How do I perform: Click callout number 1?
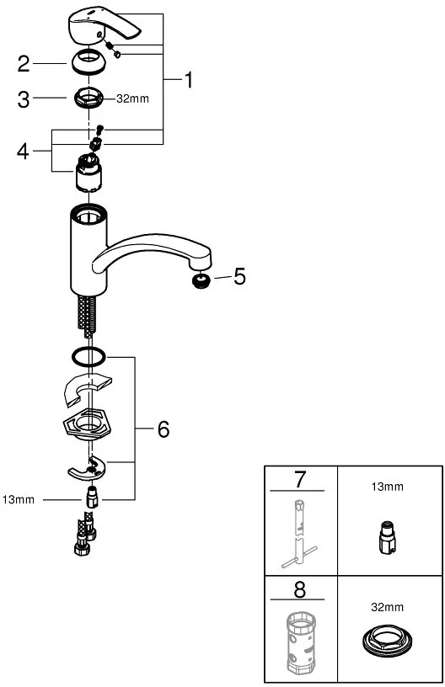pos(189,80)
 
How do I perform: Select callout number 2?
pos(24,63)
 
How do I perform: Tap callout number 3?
pos(24,99)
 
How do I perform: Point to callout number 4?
pos(24,152)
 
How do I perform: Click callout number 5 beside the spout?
pos(240,276)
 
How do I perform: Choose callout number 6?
pos(164,429)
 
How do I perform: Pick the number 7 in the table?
pos(300,480)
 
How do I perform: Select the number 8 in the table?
pos(300,589)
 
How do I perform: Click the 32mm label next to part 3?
pos(132,99)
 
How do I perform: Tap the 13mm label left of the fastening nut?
pos(18,499)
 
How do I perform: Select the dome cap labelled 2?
pos(88,62)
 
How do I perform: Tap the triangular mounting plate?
pos(88,424)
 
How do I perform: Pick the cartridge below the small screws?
pos(89,173)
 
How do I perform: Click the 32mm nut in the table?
pos(387,640)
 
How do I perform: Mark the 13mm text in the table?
pos(387,487)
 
